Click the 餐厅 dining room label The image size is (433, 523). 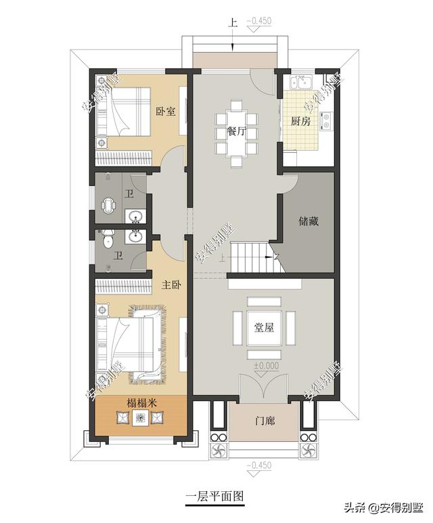[x=237, y=131]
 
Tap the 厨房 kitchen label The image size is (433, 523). [x=300, y=121]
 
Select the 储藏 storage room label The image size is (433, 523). [x=309, y=221]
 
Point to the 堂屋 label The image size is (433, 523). [x=264, y=327]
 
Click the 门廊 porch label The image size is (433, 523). [x=265, y=421]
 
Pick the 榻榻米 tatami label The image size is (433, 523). [x=141, y=403]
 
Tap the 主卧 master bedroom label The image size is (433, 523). [x=171, y=285]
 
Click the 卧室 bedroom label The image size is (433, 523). [x=166, y=111]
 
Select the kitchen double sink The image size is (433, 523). [x=301, y=82]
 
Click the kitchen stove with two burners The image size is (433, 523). [x=326, y=121]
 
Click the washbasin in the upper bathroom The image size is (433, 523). [x=135, y=216]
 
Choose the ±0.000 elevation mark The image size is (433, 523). [x=266, y=365]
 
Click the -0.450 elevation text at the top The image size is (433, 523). [x=259, y=21]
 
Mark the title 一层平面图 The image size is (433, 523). [x=214, y=497]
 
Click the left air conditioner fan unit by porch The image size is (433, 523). [x=218, y=452]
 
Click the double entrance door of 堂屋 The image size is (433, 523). [x=264, y=387]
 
